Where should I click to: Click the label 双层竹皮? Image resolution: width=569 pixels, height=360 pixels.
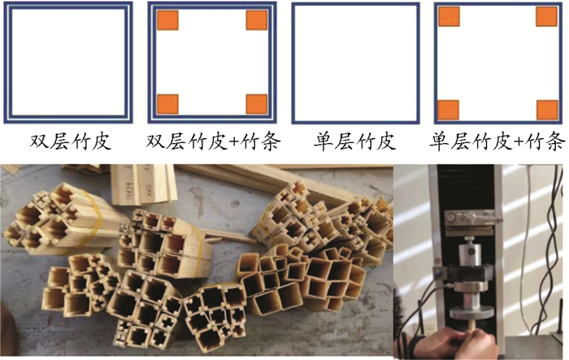(x=70, y=141)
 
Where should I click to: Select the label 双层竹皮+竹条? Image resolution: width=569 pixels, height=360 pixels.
(x=213, y=141)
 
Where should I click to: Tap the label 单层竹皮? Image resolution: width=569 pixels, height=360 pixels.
(x=354, y=141)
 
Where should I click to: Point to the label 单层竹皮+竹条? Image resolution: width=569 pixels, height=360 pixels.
(x=497, y=141)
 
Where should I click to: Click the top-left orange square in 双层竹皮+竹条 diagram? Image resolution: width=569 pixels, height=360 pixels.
(x=167, y=20)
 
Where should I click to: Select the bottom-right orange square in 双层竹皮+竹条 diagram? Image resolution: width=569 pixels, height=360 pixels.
(x=257, y=104)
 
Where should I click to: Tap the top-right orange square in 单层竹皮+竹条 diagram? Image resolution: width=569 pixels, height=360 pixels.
(x=546, y=17)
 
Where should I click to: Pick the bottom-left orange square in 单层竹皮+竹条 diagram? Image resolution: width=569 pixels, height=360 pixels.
(x=449, y=111)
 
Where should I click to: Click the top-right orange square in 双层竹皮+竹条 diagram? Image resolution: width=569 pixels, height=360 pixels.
(x=257, y=20)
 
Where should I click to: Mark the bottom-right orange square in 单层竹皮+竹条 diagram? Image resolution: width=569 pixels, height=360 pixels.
(x=547, y=111)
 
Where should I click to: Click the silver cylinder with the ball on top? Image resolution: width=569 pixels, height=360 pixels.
(x=470, y=252)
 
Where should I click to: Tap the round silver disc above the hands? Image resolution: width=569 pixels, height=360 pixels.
(x=471, y=312)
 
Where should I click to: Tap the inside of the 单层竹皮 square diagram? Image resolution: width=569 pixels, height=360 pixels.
(x=356, y=63)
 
